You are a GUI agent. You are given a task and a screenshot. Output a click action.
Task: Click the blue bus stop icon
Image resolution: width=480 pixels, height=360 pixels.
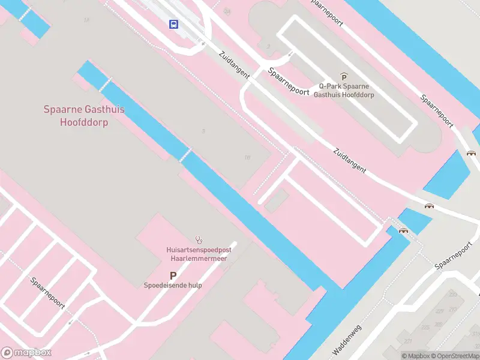pos(174,25)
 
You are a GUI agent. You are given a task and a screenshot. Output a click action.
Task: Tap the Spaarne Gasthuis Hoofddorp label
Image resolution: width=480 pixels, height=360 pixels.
pos(84,115)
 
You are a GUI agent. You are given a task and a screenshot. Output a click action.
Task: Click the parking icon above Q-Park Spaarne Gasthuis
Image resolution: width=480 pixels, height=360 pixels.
pos(344,76)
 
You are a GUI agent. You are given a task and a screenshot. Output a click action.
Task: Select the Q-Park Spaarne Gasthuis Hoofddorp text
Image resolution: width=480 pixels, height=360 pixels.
pos(344,91)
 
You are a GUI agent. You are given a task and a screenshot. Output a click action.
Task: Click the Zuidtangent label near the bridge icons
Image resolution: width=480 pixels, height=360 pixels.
pos(349,160)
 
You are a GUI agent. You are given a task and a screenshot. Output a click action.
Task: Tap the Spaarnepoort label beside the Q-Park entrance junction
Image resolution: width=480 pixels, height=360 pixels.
pos(289,82)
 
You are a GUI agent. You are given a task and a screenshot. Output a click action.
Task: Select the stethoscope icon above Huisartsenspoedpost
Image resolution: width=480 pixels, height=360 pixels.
pos(199,239)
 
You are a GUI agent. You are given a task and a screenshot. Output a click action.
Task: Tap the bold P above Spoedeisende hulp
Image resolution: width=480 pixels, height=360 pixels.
pos(173,275)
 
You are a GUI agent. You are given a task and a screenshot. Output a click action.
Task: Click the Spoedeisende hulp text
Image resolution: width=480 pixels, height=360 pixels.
pos(173,286)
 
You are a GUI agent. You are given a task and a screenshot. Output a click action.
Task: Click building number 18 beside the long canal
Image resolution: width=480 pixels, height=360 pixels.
pos(247,157)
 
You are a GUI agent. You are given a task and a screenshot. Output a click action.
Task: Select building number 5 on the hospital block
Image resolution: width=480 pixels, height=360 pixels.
pos(203,131)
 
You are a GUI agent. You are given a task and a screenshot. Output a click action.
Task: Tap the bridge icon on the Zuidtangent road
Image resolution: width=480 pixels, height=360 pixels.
pos(429,206)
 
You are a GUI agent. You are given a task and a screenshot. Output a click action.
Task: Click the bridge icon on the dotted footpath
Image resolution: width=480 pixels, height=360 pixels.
pos(403,230)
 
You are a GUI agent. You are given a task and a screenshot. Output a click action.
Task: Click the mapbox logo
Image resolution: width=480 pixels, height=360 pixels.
pos(26,353)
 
